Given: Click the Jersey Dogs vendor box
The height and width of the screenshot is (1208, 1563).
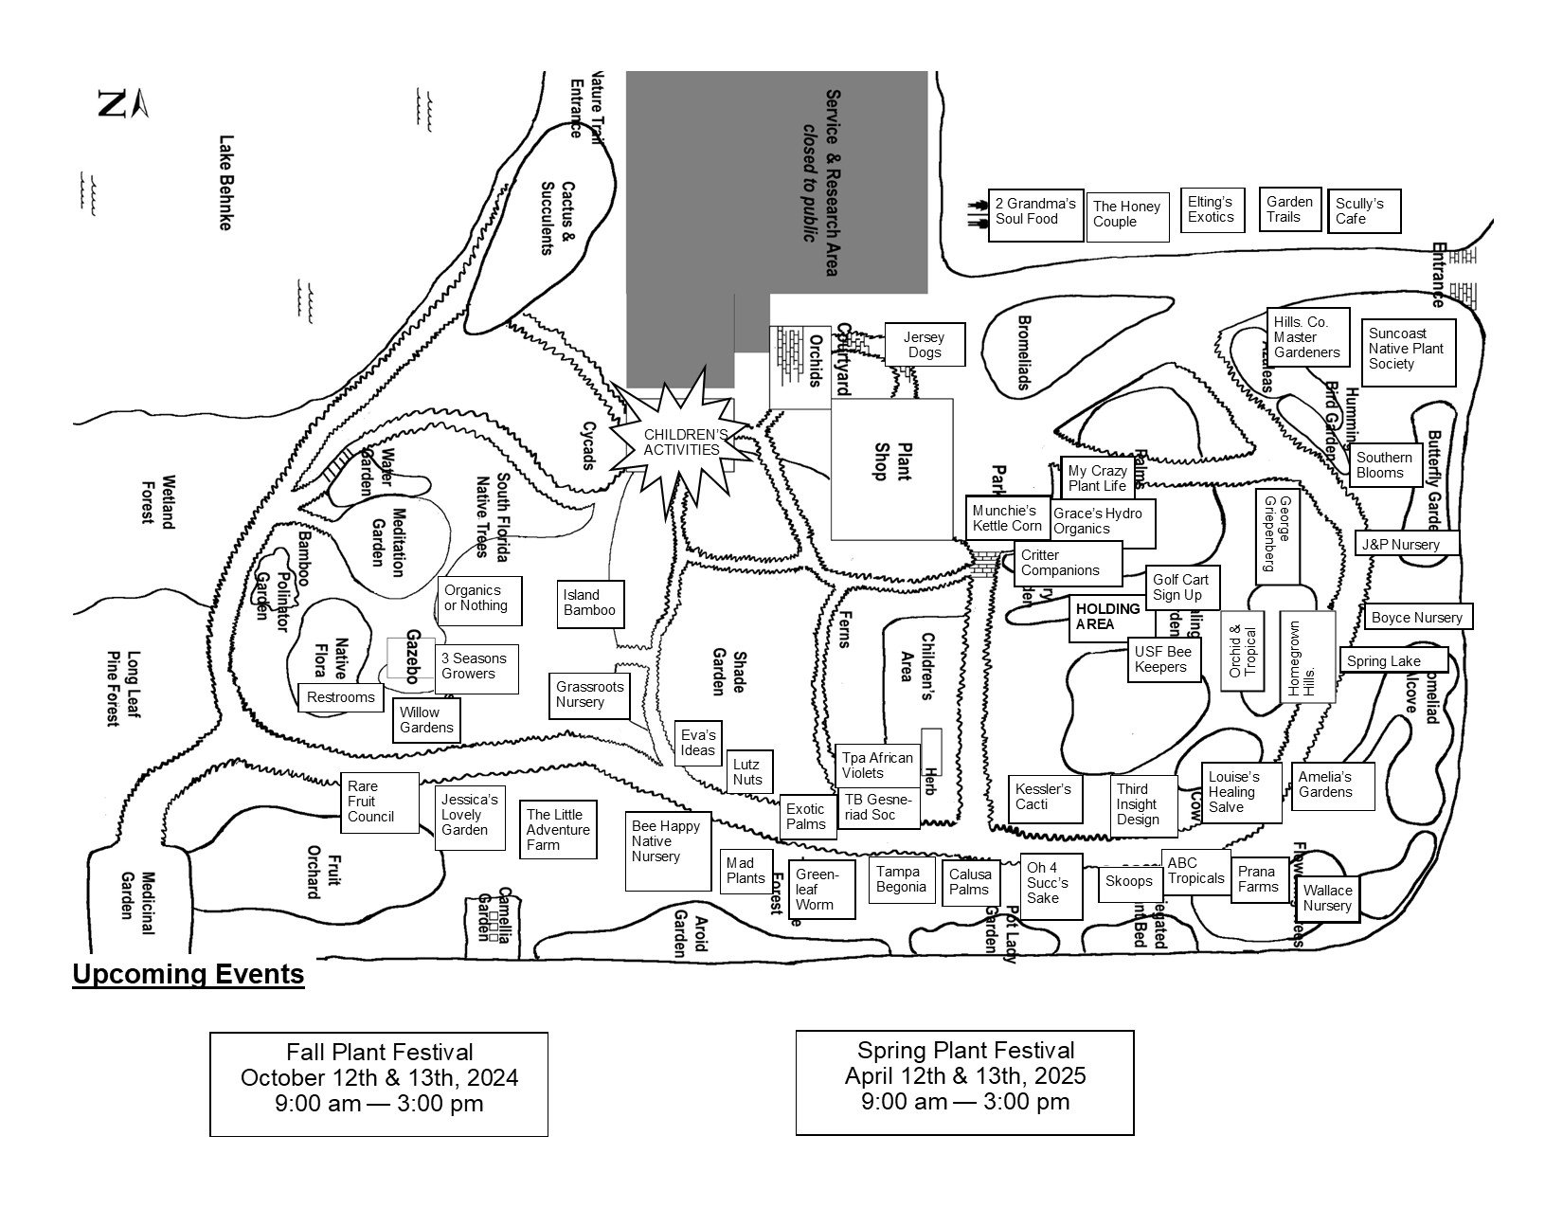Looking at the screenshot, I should click(925, 345).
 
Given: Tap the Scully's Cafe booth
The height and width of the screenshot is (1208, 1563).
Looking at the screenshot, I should click(1363, 211).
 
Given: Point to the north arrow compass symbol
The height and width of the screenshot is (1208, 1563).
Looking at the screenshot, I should click(122, 103).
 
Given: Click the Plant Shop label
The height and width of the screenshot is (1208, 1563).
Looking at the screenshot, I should click(892, 461).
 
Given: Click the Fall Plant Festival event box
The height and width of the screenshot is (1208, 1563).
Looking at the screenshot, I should click(379, 1084).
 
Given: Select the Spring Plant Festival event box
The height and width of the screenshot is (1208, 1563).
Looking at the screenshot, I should click(964, 1082).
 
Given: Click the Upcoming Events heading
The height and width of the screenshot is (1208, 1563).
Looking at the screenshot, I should click(189, 975).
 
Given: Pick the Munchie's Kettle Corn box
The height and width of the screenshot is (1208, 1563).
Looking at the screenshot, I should click(1007, 518).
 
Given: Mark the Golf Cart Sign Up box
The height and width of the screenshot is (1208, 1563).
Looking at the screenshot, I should click(1180, 587).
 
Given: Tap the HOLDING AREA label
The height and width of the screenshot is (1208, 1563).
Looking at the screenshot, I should click(1109, 617).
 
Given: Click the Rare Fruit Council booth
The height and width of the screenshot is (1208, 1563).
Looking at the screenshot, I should click(379, 802).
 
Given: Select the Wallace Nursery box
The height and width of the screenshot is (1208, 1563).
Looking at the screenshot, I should click(1326, 898).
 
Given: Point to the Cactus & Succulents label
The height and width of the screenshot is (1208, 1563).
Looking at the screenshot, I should click(557, 218).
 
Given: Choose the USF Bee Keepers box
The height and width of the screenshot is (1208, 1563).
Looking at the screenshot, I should click(1164, 659).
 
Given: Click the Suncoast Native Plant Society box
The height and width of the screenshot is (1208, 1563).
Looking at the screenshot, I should click(1408, 350).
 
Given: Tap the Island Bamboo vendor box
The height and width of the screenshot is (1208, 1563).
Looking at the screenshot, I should click(590, 604).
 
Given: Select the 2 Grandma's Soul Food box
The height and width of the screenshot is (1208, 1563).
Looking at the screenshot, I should click(1035, 213).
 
